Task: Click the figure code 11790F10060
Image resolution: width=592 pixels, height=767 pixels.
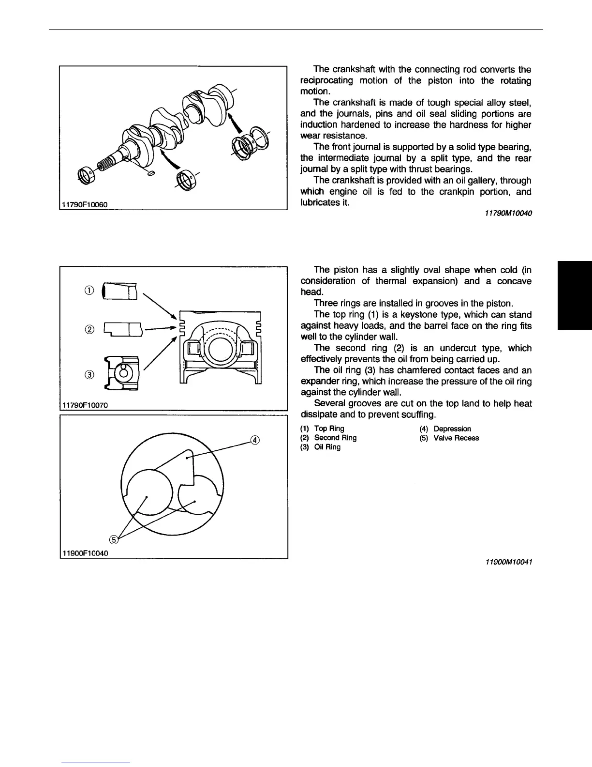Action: pos(84,205)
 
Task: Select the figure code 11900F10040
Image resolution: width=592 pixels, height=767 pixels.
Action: pos(84,553)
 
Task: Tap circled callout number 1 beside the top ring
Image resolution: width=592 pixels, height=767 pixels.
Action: pos(89,291)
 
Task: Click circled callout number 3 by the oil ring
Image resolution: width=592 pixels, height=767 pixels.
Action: pos(89,374)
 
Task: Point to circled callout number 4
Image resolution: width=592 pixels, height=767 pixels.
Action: pos(254,440)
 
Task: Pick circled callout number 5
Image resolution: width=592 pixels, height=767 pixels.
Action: pos(114,539)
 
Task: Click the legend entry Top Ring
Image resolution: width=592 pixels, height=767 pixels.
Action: pos(329,429)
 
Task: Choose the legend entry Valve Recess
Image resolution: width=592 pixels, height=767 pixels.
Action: pos(456,438)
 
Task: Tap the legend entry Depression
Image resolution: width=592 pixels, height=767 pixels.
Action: pos(452,429)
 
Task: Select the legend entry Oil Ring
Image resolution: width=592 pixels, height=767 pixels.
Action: pos(327,447)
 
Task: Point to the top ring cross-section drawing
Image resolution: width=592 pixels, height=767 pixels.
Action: pos(120,292)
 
